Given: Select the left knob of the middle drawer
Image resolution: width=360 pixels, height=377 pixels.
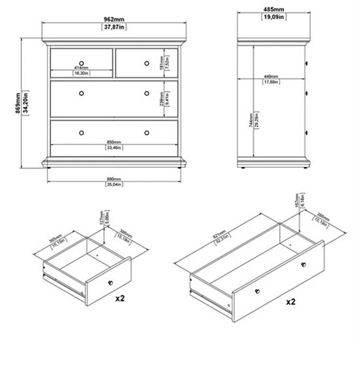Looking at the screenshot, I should pyautogui.click(x=81, y=94).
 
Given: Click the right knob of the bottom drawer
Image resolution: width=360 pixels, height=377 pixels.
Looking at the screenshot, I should pyautogui.click(x=146, y=132).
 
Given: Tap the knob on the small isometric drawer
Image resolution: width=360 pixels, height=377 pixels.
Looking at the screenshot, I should pyautogui.click(x=109, y=281).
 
